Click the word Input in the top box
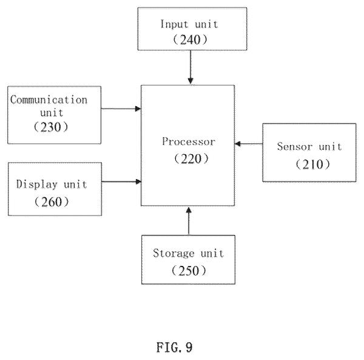tap(174, 24)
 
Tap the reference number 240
tap(190, 39)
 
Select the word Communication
tap(49, 100)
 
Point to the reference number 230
tap(51, 127)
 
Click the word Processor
tap(189, 141)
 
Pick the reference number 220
tap(191, 159)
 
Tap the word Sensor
tap(295, 146)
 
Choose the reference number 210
tap(313, 164)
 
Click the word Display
tap(36, 185)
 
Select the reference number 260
tap(52, 202)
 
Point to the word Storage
tap(174, 253)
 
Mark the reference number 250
tap(189, 271)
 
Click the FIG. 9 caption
tap(175, 347)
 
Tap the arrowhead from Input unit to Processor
tap(190, 81)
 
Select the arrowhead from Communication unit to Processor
tap(138, 109)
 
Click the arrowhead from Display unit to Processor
tap(138, 182)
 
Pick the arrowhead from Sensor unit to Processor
tap(238, 144)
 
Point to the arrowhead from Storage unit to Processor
tap(189, 210)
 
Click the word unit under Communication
tap(52, 113)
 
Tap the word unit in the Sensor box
tap(330, 147)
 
